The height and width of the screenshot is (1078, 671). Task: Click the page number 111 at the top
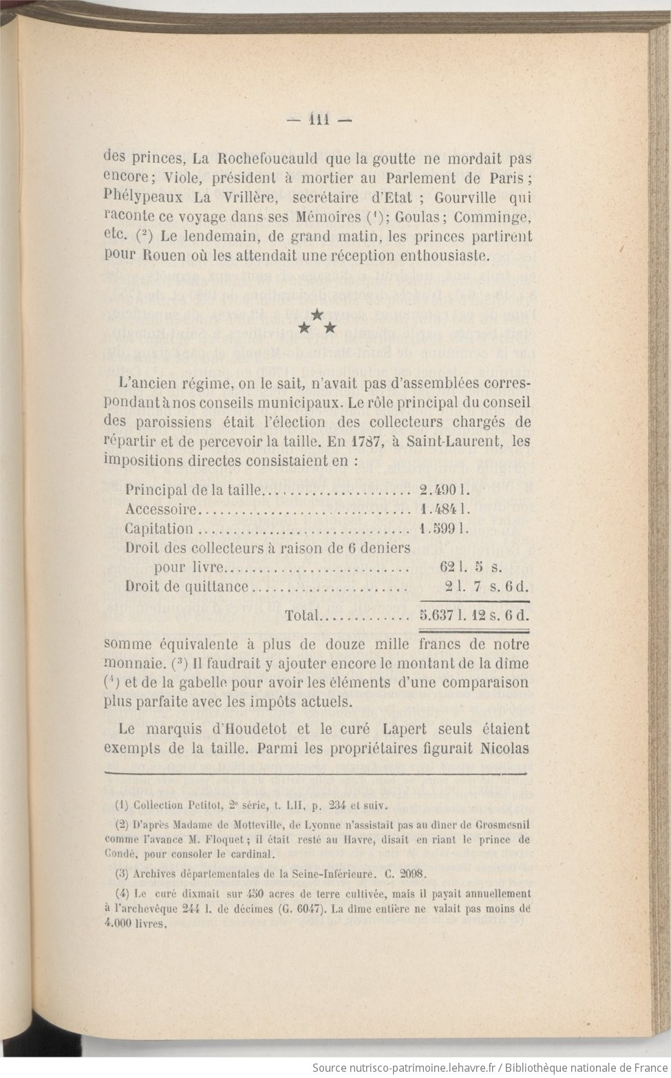(x=319, y=117)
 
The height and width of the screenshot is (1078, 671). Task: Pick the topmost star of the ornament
(x=317, y=315)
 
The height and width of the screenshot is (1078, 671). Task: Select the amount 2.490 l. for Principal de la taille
(x=445, y=490)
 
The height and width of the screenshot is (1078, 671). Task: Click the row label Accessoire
(x=162, y=509)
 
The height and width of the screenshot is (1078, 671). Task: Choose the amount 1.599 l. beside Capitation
(x=445, y=529)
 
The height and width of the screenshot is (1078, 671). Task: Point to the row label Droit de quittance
(x=187, y=586)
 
